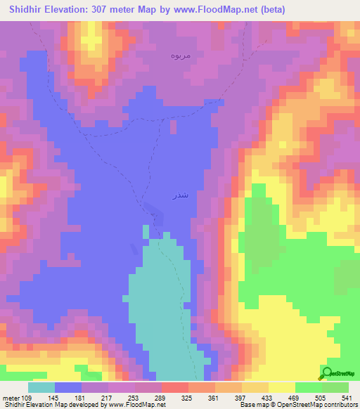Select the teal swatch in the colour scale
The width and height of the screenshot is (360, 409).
point(41,387)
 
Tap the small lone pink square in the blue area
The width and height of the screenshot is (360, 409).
point(173,126)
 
